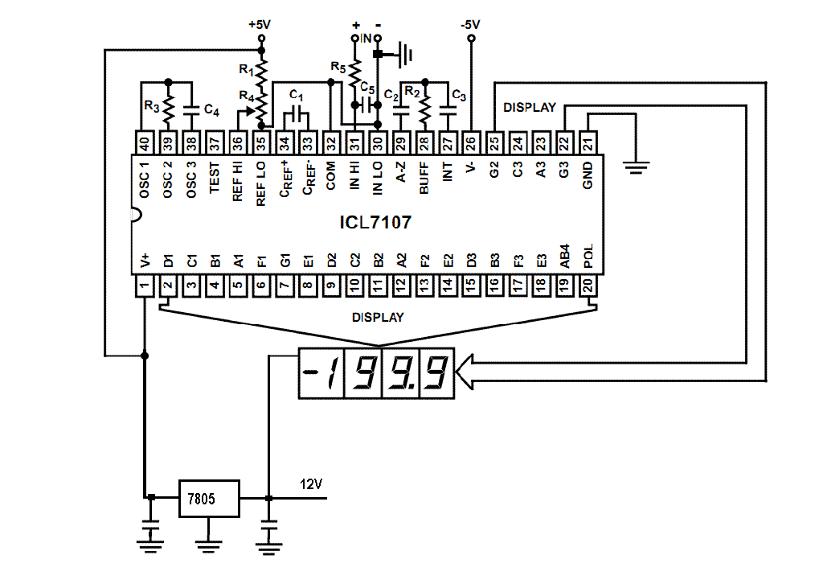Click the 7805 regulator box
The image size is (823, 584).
tap(209, 499)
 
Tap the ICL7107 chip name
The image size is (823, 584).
tap(375, 223)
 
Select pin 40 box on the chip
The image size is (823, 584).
tap(145, 142)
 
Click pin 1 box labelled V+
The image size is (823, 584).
tap(145, 286)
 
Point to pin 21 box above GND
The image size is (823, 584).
tap(588, 142)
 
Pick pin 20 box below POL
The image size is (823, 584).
tap(588, 286)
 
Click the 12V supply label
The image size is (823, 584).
tap(311, 484)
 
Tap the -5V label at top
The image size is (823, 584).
tap(470, 25)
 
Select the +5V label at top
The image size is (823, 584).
tap(260, 25)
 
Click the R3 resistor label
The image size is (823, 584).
tap(152, 107)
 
